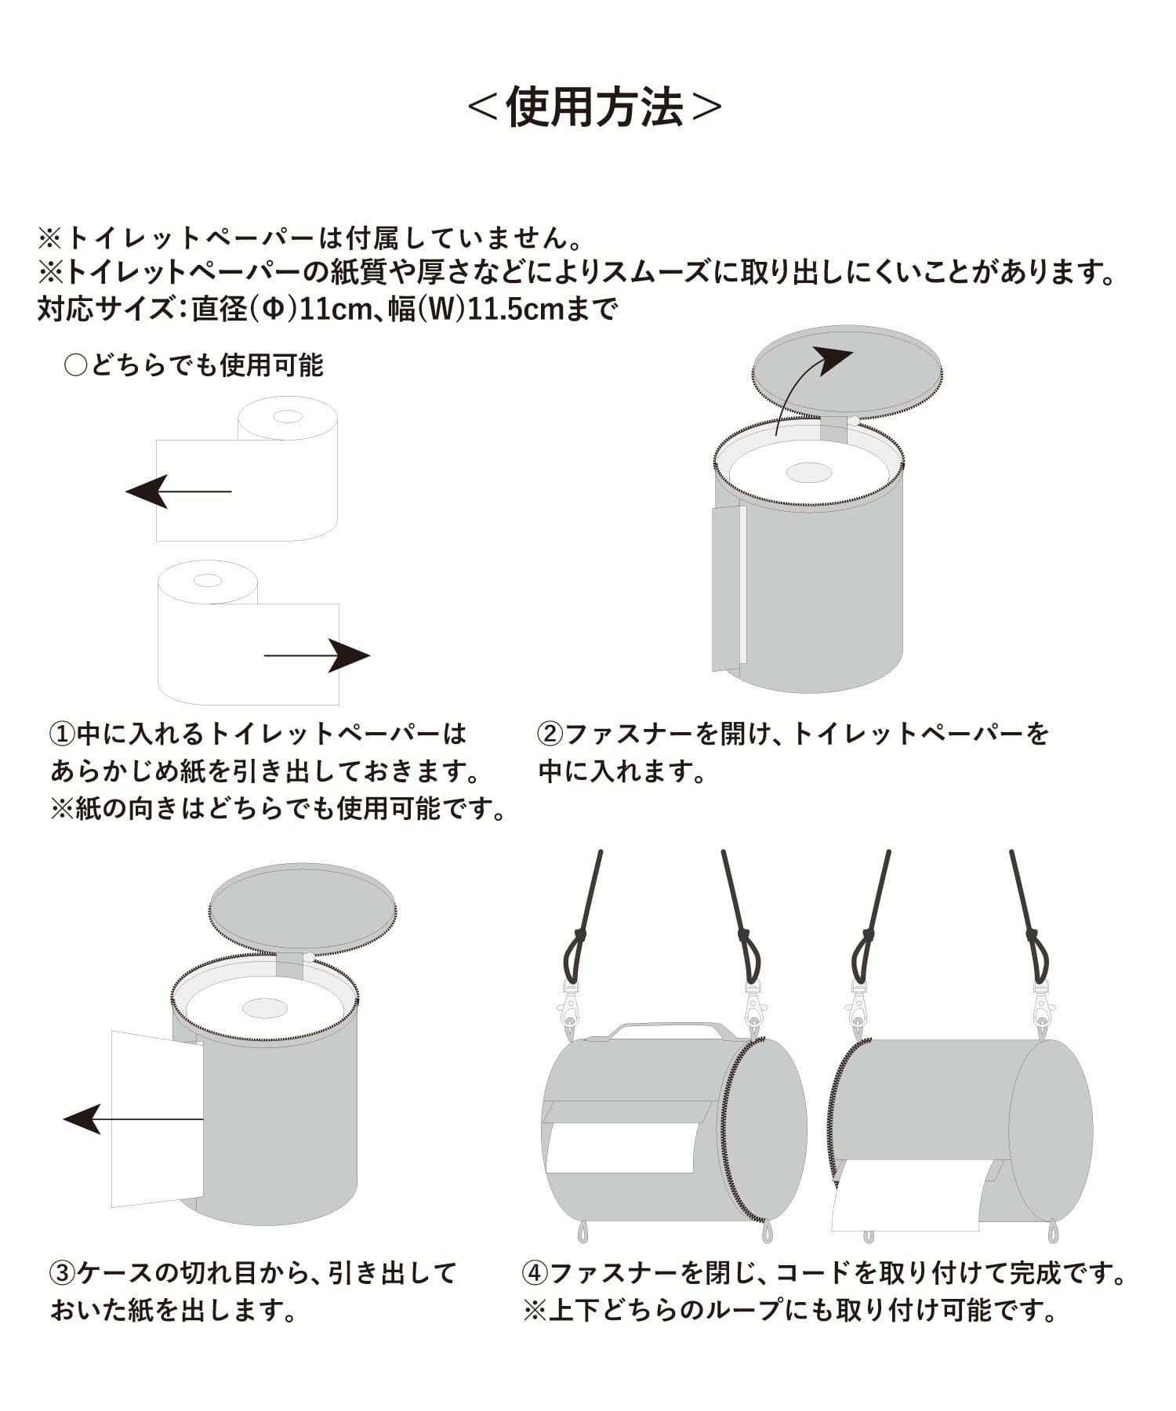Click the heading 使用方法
coord(594,107)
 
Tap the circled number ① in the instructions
coord(62,735)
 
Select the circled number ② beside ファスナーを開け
coord(550,735)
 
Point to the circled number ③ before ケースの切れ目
coord(62,1273)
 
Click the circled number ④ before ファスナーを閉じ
coord(534,1273)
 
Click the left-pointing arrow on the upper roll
coord(179,491)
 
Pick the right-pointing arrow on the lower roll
coord(317,655)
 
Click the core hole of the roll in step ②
coord(808,473)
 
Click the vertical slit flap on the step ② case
coord(729,588)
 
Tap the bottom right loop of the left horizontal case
coord(765,1231)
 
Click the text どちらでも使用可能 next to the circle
coord(206,365)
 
